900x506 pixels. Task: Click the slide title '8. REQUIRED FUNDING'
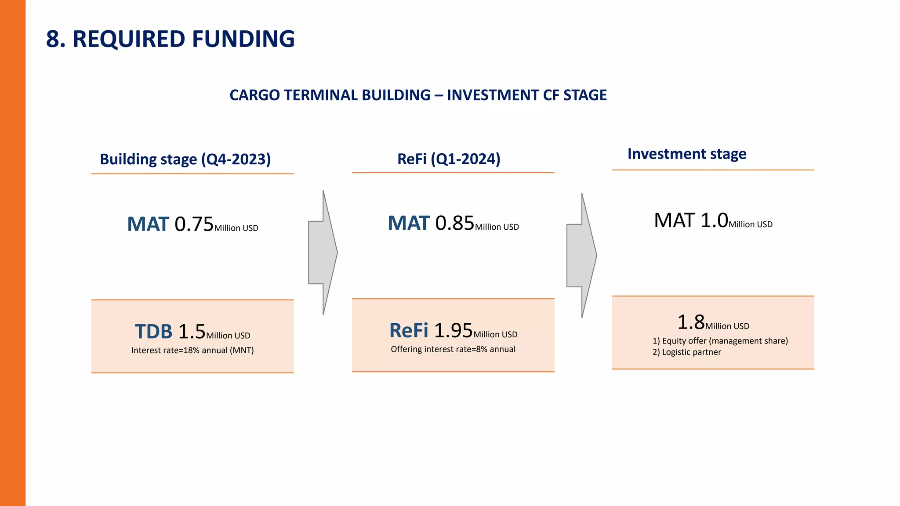coord(170,39)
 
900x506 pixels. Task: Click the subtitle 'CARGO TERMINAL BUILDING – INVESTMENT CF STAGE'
coord(418,95)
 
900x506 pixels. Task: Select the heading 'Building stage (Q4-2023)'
coord(185,159)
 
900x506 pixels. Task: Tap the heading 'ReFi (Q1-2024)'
coord(449,159)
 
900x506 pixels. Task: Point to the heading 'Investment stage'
coord(686,154)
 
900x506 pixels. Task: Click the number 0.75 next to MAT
coord(194,224)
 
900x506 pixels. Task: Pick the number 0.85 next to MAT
coord(454,223)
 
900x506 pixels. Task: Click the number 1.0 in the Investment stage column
coord(714,220)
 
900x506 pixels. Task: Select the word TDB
coord(153,332)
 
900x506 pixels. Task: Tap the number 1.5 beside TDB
coord(192,332)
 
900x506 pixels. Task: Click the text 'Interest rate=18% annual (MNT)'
coord(192,351)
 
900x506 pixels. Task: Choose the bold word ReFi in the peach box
coord(408,331)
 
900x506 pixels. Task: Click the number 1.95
coord(453,331)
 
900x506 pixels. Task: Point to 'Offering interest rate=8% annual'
coord(453,349)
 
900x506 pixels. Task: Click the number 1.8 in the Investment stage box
coord(691,322)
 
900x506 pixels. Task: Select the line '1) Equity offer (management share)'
coord(720,341)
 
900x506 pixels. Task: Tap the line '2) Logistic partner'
coord(686,352)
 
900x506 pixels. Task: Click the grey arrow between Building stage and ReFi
coord(323,253)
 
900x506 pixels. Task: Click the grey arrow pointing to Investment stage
coord(581,256)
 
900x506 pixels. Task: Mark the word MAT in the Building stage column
coord(148,224)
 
